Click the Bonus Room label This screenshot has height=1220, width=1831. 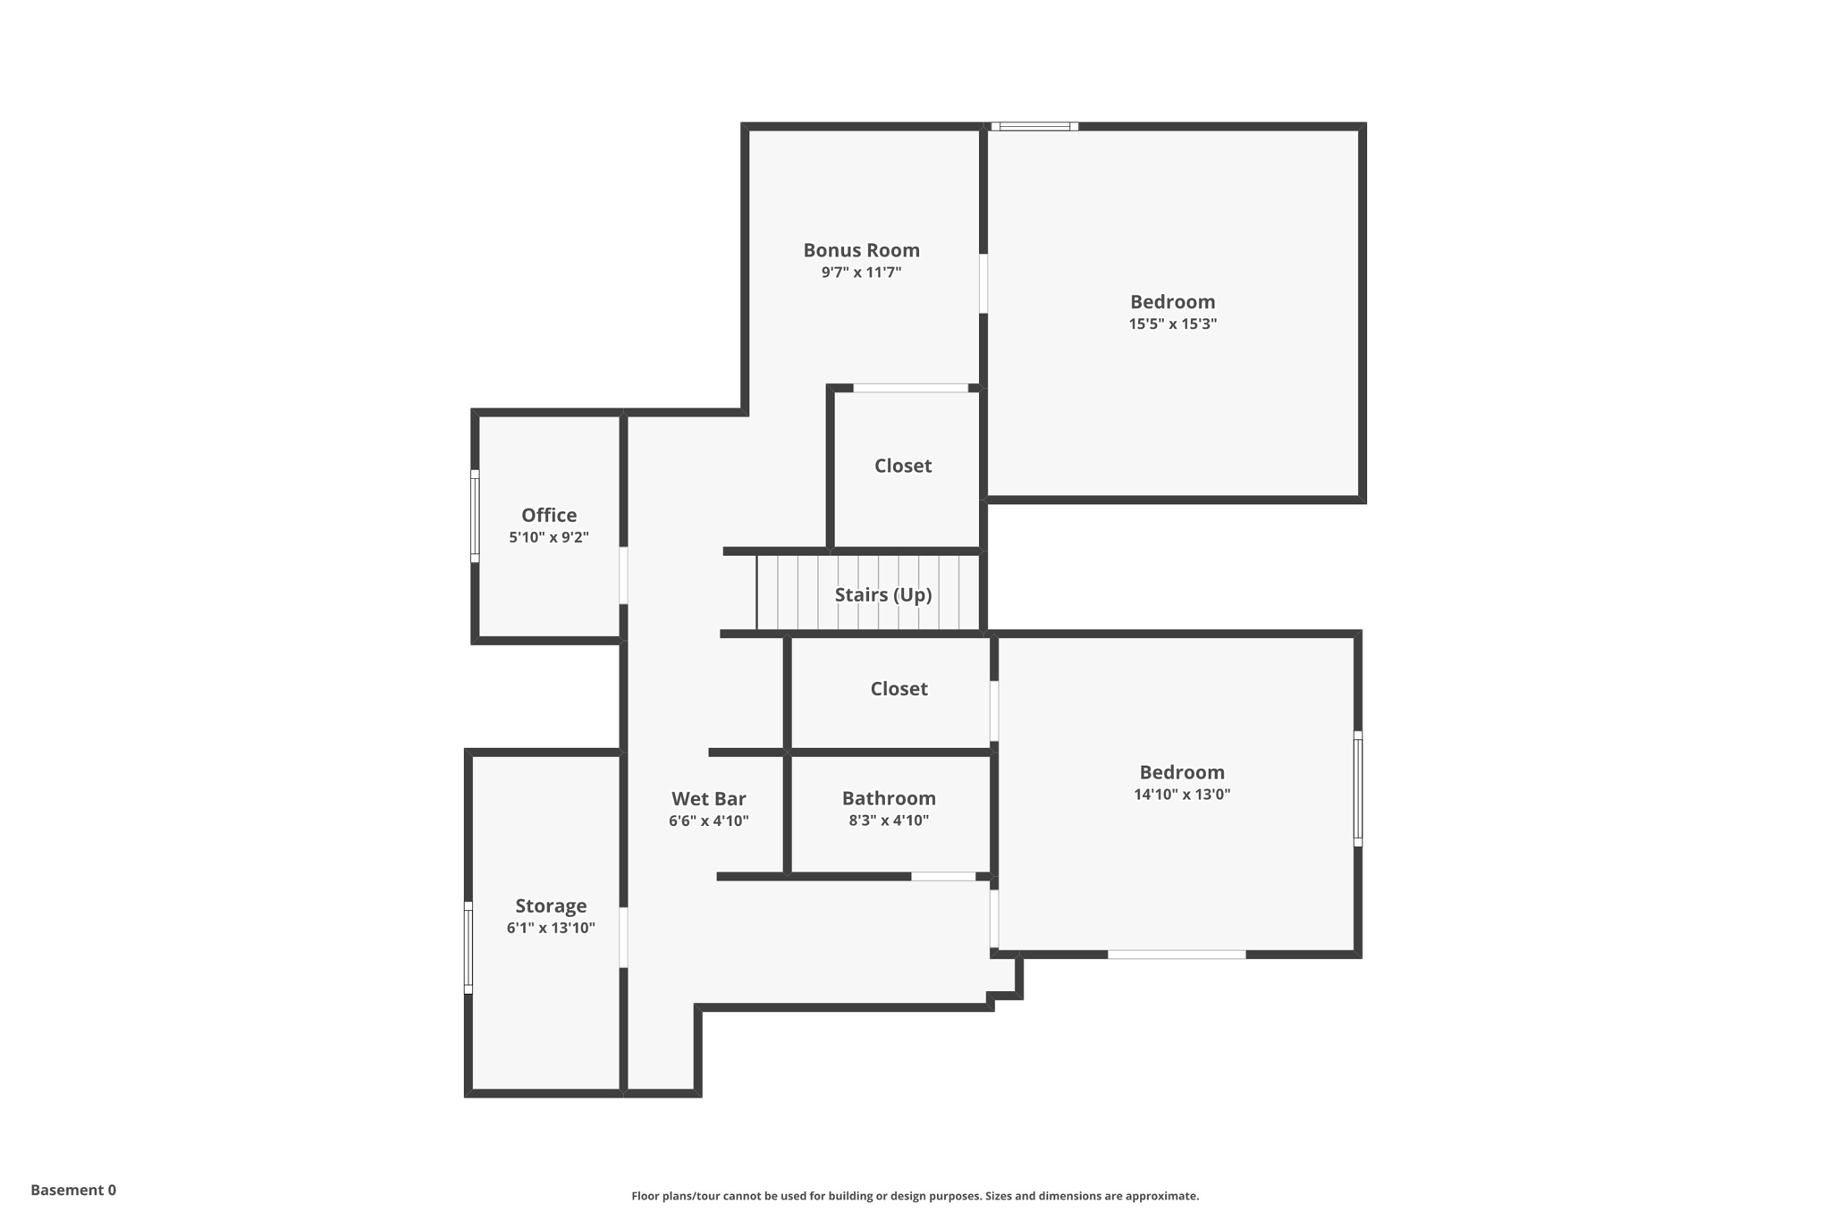tap(861, 250)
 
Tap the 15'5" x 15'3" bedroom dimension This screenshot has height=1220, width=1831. tap(1172, 324)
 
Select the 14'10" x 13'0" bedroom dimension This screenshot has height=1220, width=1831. tap(1181, 794)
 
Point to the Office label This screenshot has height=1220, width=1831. tap(549, 515)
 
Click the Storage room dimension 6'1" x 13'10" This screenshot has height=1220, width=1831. tap(551, 928)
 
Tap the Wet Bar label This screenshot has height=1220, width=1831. tap(708, 798)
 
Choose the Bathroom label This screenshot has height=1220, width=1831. tap(889, 797)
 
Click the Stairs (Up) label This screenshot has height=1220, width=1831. tap(882, 594)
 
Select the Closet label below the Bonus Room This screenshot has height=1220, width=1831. tap(902, 466)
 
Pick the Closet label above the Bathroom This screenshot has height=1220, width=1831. tap(899, 688)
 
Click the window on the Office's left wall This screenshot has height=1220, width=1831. tap(475, 516)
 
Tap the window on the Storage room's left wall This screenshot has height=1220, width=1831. tap(468, 947)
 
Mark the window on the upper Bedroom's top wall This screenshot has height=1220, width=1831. tap(1034, 127)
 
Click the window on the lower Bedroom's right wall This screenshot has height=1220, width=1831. tap(1357, 788)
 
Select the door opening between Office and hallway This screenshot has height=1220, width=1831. tap(623, 575)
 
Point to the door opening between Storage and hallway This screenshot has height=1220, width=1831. tap(623, 937)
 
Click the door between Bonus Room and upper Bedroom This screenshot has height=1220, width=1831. tap(983, 283)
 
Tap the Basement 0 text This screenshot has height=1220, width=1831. tap(73, 1190)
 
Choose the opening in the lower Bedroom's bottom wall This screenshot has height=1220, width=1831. tap(1177, 955)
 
